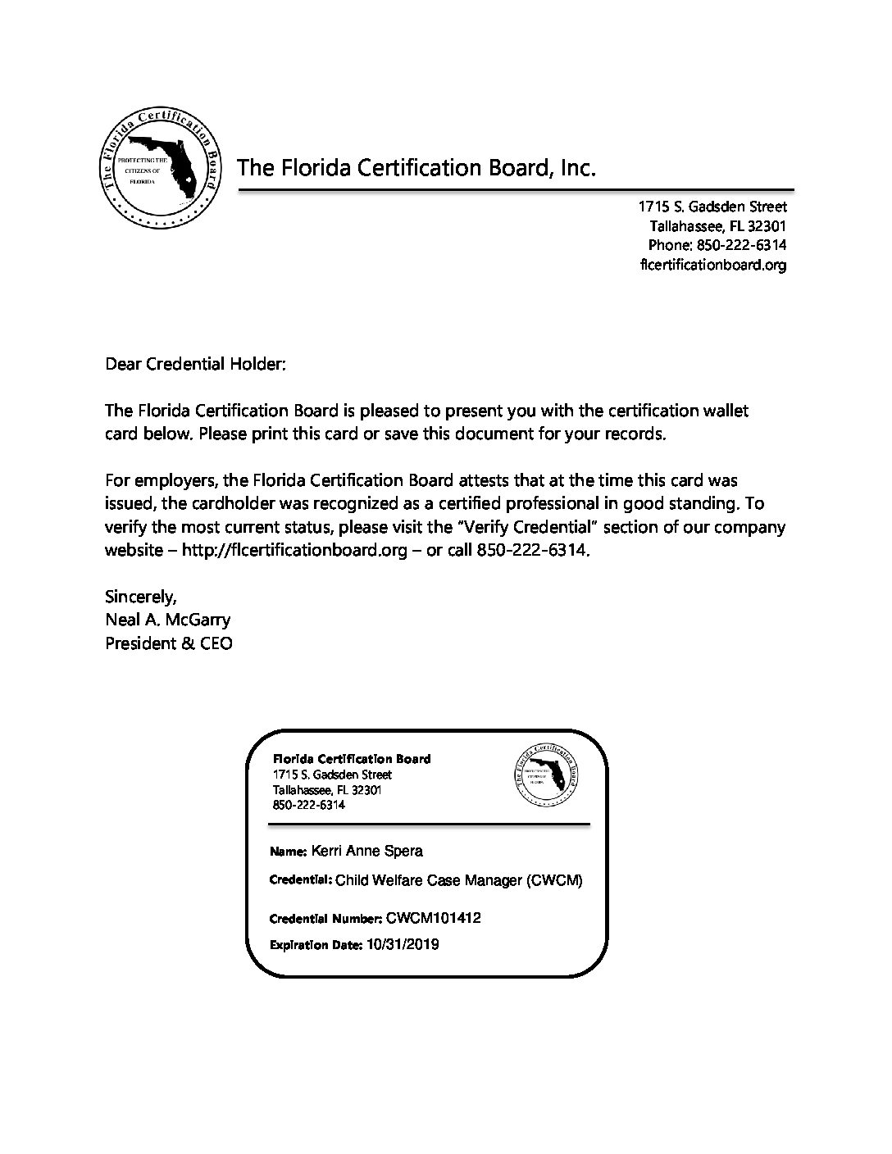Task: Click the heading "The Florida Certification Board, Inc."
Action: point(416,169)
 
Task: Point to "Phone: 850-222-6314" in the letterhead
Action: point(717,245)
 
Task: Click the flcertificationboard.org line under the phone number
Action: point(712,265)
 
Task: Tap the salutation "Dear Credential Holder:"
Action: point(195,364)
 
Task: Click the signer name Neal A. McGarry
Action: point(167,619)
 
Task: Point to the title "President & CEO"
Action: point(168,643)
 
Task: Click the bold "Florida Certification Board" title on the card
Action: point(351,759)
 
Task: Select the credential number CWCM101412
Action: point(431,918)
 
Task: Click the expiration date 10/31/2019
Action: point(403,944)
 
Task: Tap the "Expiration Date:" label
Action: point(315,945)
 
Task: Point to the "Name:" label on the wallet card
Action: point(288,852)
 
